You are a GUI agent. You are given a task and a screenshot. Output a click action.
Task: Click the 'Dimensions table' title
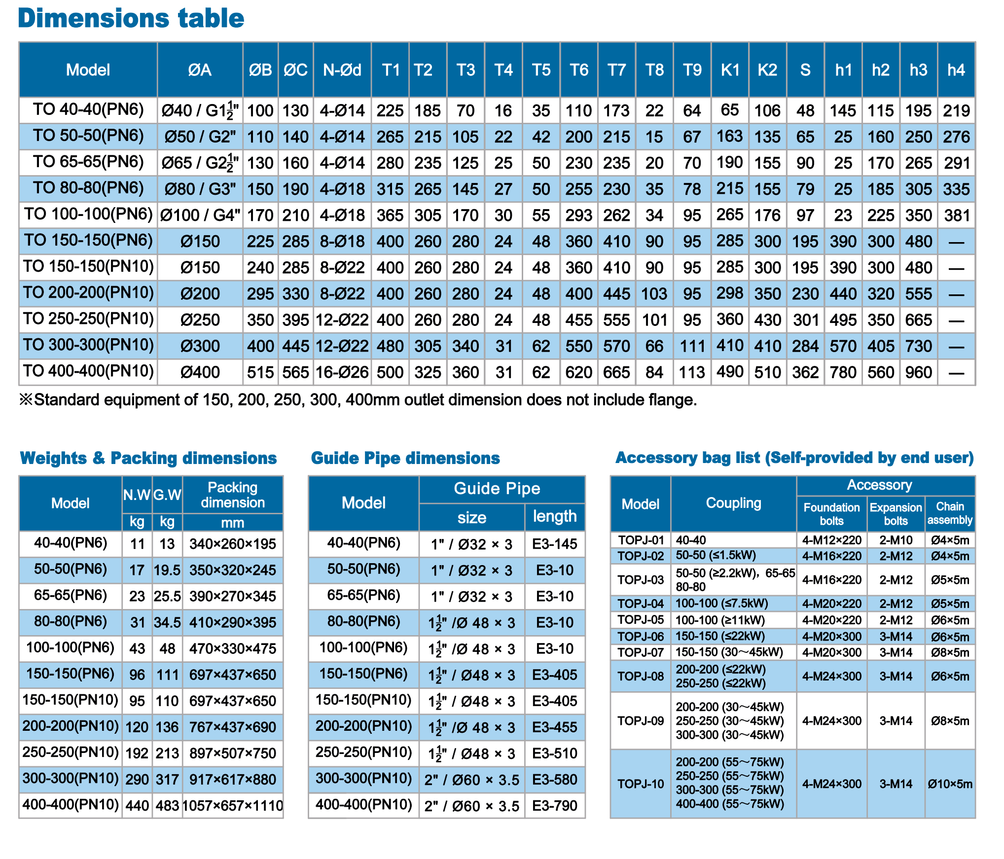pos(131,18)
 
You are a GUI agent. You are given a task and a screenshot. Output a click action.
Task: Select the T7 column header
pos(616,70)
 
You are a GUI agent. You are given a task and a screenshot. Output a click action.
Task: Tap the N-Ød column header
pos(342,70)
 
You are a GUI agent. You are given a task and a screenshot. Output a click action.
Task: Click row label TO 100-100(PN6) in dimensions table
pos(88,214)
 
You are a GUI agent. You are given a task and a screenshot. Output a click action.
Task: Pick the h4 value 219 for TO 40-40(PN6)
pos(956,111)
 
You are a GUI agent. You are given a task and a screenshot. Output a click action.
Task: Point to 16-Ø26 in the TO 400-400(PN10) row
pos(342,372)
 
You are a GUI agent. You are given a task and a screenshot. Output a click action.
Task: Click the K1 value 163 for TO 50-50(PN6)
pos(730,136)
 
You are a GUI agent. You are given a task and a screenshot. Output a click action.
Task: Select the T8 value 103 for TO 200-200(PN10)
pos(654,294)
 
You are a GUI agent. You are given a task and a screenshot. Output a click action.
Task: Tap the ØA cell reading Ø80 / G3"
pos(200,189)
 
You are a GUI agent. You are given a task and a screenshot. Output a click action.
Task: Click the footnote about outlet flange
pos(358,399)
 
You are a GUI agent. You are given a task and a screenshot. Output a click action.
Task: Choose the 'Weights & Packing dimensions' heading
pos(148,458)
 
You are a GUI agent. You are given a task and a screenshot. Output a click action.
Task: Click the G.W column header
pos(167,495)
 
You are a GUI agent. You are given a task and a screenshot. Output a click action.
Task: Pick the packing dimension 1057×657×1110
pos(233,806)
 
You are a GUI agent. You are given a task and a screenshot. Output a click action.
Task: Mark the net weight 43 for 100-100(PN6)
pos(137,648)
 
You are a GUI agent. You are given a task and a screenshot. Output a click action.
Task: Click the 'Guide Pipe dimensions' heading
pos(405,458)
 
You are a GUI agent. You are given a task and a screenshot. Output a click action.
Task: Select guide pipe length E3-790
pos(555,806)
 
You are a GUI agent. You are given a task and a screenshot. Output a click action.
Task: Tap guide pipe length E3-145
pos(555,544)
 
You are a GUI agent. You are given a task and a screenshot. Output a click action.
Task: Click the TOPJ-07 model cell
pos(641,652)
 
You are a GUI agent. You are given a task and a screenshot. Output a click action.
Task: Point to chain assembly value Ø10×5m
pos(950,784)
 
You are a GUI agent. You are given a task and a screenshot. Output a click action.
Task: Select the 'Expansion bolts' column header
pos(896,514)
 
